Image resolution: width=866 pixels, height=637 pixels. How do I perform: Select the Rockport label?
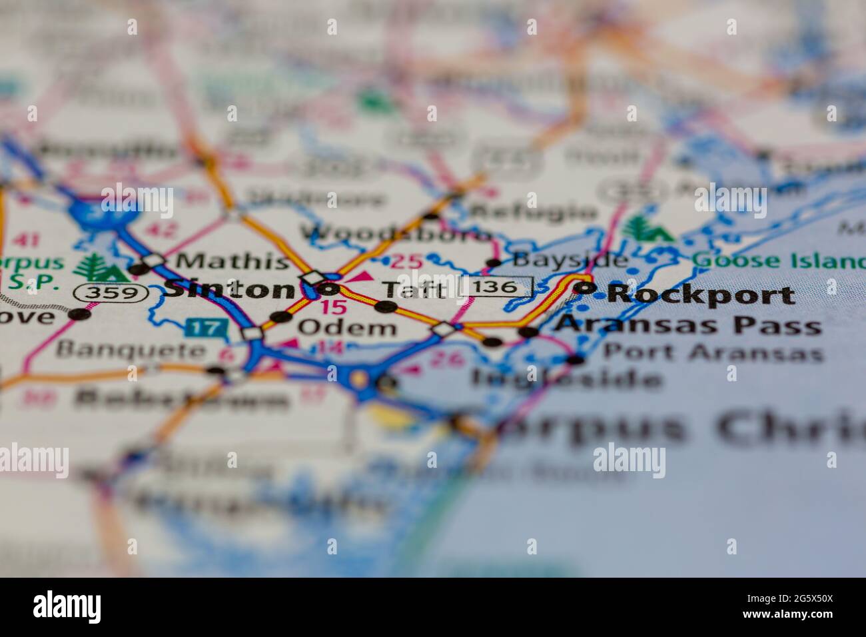(x=701, y=295)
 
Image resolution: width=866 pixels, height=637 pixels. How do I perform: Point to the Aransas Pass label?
(x=688, y=325)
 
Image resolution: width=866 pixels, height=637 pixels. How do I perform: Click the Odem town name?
(x=346, y=327)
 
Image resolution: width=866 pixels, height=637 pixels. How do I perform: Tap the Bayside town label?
(x=570, y=259)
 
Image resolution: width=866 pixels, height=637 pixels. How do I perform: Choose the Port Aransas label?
(x=711, y=352)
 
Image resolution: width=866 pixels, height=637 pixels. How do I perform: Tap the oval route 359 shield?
(x=111, y=292)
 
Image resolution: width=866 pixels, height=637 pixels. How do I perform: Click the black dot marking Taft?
(x=386, y=307)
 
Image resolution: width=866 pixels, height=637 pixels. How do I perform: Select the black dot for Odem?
(x=282, y=317)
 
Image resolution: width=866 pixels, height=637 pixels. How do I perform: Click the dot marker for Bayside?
(x=494, y=263)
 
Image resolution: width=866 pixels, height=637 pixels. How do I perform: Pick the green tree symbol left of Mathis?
(x=93, y=268)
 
